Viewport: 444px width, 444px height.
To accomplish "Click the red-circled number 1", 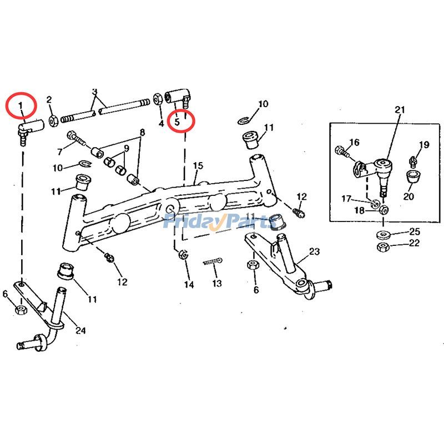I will point(21,105).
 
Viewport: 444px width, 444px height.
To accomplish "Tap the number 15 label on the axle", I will point(198,166).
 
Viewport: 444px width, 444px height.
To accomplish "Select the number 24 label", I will point(80,331).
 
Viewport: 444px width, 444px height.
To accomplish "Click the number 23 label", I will point(314,251).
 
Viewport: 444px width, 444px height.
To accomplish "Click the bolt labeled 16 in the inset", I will point(340,149).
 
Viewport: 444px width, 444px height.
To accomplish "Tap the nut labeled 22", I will point(382,246).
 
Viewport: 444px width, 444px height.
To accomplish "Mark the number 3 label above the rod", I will point(94,92).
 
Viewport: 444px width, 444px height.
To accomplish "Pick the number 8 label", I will point(142,133).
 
